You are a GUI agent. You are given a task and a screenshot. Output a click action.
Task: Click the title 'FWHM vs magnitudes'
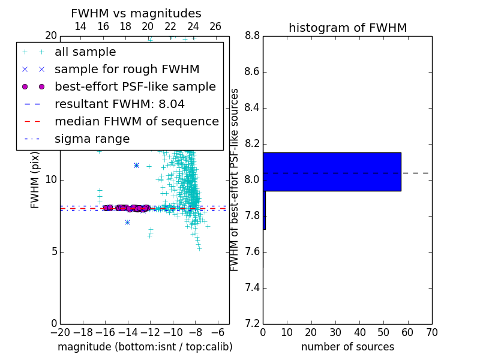point(136,13)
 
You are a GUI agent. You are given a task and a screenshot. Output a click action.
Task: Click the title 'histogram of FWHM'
point(348,28)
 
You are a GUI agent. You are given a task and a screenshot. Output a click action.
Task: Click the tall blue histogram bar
point(332,172)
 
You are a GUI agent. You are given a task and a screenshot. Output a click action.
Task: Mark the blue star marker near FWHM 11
point(137,166)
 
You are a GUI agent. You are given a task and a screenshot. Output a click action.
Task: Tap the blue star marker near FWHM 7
point(128,222)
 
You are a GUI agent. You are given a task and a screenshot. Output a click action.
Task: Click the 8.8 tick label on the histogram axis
point(252,36)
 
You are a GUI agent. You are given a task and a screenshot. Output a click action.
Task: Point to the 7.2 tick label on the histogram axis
point(252,324)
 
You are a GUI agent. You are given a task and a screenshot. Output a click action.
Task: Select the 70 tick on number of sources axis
point(432,332)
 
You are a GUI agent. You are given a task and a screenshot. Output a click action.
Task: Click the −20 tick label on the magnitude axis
point(61,332)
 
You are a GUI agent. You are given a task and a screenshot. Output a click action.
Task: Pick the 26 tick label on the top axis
point(215,26)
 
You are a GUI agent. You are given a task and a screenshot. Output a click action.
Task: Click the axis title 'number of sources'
point(348,347)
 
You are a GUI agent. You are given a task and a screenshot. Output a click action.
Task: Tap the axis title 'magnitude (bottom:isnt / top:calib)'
point(145,347)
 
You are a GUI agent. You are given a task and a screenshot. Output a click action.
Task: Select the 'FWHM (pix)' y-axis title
point(35,180)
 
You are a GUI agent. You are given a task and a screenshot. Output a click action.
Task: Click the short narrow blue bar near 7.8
point(265,210)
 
